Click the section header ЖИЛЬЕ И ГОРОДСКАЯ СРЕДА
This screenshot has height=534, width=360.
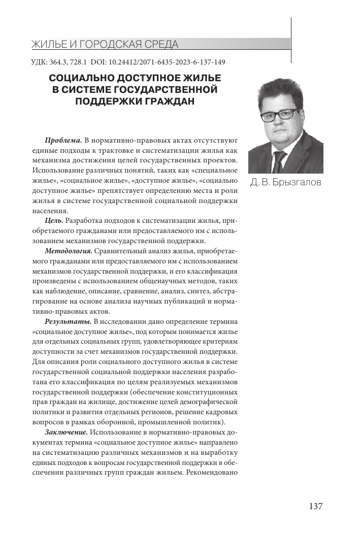105,44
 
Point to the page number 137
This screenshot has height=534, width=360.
315,506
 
